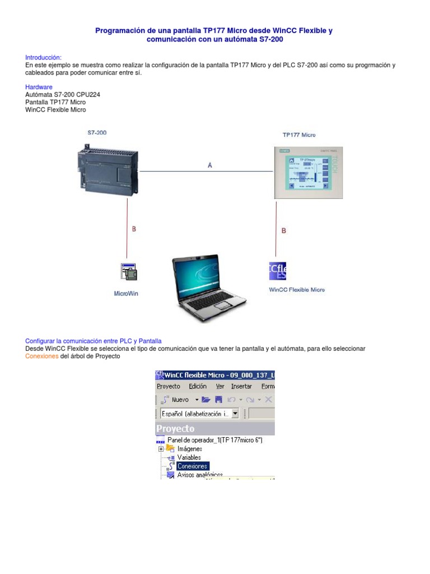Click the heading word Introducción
[x=43, y=57]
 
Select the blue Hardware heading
[x=39, y=87]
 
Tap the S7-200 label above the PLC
[x=96, y=133]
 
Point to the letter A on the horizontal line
[x=210, y=165]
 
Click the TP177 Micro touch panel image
[x=308, y=172]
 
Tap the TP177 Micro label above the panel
[x=298, y=135]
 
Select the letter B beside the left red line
[x=134, y=229]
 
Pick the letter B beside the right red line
[x=283, y=230]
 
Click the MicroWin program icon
[x=129, y=271]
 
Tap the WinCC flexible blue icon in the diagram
[x=278, y=271]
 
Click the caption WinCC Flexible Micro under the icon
[x=297, y=290]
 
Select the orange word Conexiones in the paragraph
[x=42, y=357]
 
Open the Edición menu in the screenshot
[x=198, y=386]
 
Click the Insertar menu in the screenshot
[x=241, y=386]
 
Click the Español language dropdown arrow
[x=235, y=414]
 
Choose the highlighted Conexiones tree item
[x=192, y=466]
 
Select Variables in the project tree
[x=189, y=457]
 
